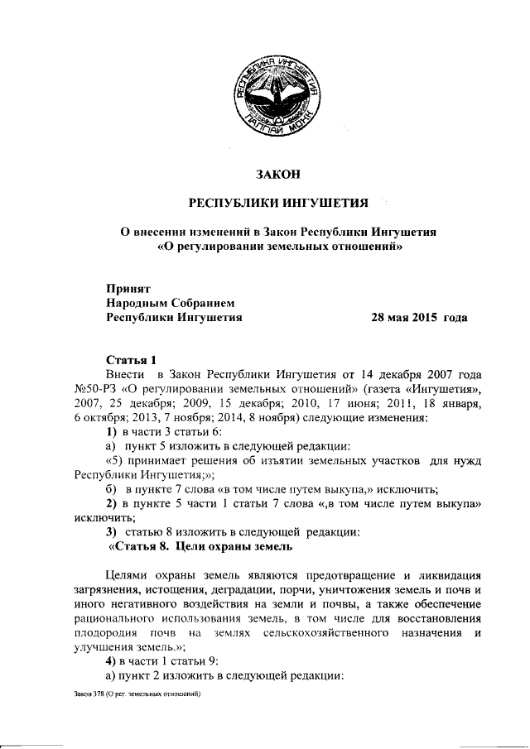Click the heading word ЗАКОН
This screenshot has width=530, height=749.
coord(277,174)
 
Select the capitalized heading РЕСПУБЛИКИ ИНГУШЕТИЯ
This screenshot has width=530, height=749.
coord(277,203)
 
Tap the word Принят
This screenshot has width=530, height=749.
coord(126,289)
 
